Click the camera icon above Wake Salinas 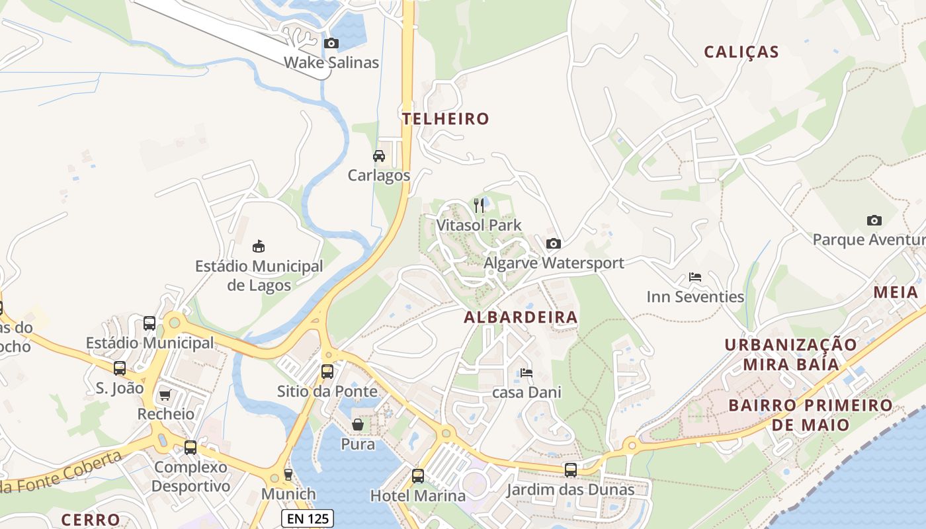(x=331, y=44)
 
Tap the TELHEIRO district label (x=446, y=119)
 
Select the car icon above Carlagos (x=379, y=156)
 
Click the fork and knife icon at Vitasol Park (x=479, y=206)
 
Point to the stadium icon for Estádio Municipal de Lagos (x=259, y=247)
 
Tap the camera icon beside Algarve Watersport (x=554, y=243)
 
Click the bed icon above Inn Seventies (x=695, y=277)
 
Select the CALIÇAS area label (x=741, y=52)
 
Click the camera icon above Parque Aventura (x=874, y=220)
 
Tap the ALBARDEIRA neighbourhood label (x=521, y=317)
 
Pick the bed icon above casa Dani (x=526, y=373)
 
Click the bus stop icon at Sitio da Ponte (x=327, y=372)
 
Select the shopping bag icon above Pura (x=358, y=425)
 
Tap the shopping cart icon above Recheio (x=165, y=395)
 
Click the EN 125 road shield (x=308, y=518)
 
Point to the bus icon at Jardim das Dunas (x=570, y=470)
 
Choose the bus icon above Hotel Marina (x=417, y=476)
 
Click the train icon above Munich (x=288, y=474)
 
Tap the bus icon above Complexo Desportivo (x=190, y=448)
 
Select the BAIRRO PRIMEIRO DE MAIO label (x=810, y=415)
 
